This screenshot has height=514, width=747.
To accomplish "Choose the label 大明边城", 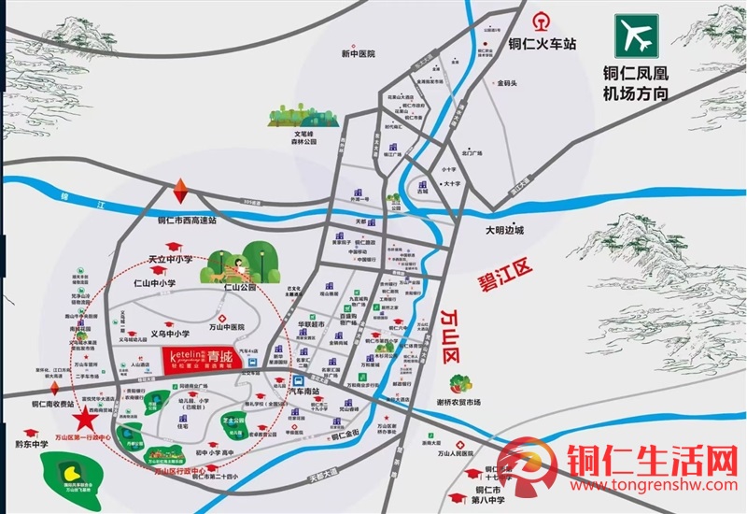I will click(505, 230).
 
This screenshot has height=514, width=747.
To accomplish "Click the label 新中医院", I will click(357, 54).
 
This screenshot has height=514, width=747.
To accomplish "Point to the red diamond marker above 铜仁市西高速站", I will click(180, 193).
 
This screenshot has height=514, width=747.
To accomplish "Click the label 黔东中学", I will click(32, 445).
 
